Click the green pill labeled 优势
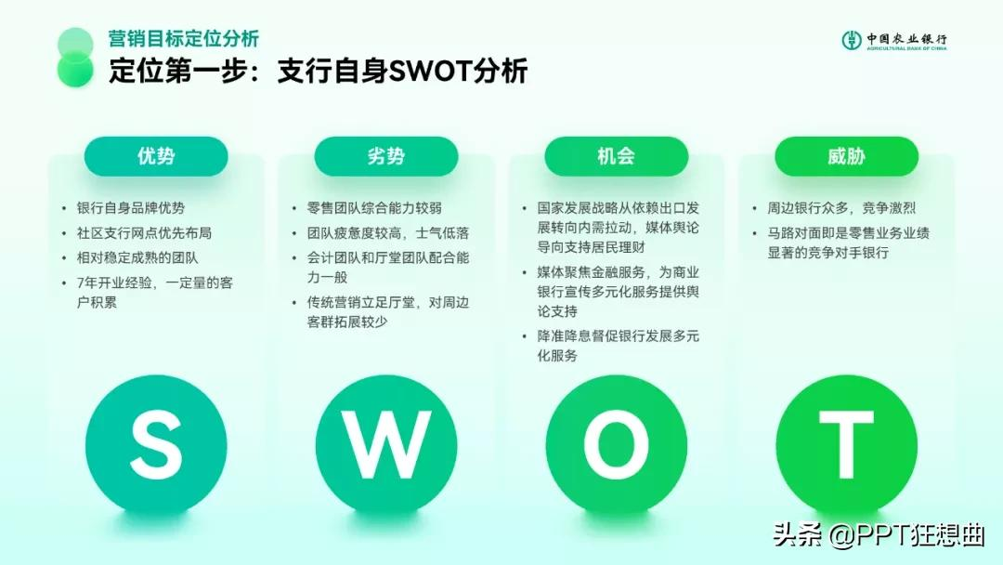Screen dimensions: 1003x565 156,156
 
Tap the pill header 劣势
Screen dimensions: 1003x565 386,156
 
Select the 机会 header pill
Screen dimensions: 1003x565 616,156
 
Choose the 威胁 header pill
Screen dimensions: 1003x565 846,156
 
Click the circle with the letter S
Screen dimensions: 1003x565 156,446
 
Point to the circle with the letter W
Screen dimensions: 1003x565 386,446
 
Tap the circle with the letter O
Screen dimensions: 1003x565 616,446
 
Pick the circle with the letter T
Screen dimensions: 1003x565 846,446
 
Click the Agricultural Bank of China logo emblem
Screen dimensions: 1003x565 852,40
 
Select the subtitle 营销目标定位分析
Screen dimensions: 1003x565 184,38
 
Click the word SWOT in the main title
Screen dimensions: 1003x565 430,71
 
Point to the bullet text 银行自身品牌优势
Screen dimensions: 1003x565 131,208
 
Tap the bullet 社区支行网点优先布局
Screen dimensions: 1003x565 144,233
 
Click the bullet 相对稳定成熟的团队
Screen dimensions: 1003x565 137,257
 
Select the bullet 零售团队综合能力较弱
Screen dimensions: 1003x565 374,208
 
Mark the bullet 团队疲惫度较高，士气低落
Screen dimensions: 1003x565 387,233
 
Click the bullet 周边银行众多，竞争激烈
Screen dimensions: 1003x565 841,208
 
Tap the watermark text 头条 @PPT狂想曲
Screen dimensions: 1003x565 879,535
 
